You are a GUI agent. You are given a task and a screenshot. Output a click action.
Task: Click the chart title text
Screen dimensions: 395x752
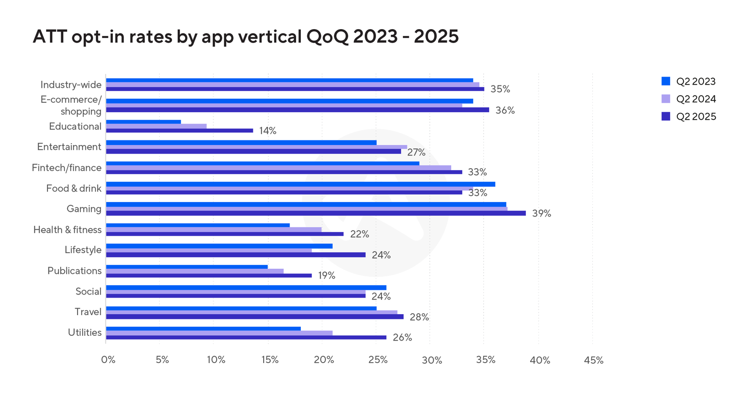click(x=245, y=37)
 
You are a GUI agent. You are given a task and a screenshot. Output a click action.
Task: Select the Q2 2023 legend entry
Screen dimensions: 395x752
click(x=688, y=81)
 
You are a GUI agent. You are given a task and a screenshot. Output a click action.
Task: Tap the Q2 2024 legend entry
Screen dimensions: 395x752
click(x=688, y=99)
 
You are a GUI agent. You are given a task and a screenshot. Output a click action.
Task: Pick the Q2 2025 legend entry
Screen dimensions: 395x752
click(x=688, y=116)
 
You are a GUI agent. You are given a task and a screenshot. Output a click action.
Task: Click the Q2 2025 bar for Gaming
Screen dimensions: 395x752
click(x=316, y=213)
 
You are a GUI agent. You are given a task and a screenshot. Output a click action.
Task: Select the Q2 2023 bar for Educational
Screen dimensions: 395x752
click(x=143, y=122)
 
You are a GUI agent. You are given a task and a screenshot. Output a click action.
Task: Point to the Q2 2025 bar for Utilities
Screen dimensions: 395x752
click(x=246, y=337)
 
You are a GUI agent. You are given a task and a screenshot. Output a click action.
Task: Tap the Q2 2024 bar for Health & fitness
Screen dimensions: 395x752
click(x=214, y=230)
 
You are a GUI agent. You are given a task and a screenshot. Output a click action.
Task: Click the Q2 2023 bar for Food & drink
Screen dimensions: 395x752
click(x=300, y=184)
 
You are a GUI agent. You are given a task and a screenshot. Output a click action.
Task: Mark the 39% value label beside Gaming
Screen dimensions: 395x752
click(x=541, y=214)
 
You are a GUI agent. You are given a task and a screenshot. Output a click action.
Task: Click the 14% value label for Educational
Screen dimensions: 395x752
click(x=267, y=131)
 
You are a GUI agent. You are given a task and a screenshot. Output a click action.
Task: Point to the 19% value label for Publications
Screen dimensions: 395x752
click(x=327, y=276)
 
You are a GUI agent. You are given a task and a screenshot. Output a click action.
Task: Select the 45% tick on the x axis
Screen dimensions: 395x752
click(x=594, y=360)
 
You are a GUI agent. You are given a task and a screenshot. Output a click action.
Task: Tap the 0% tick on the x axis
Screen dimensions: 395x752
click(x=108, y=360)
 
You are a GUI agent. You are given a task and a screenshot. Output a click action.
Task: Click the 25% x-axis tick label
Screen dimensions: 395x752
click(x=377, y=360)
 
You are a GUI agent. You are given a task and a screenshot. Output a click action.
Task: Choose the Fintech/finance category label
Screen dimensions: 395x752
click(x=67, y=168)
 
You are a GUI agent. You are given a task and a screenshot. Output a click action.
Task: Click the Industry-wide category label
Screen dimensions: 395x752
click(x=71, y=85)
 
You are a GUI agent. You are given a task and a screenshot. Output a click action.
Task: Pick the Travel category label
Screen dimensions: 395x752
click(x=88, y=312)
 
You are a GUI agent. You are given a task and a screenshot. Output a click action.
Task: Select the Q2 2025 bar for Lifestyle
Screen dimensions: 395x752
click(x=235, y=255)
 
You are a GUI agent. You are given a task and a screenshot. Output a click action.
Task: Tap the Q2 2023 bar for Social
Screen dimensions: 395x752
click(x=246, y=287)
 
